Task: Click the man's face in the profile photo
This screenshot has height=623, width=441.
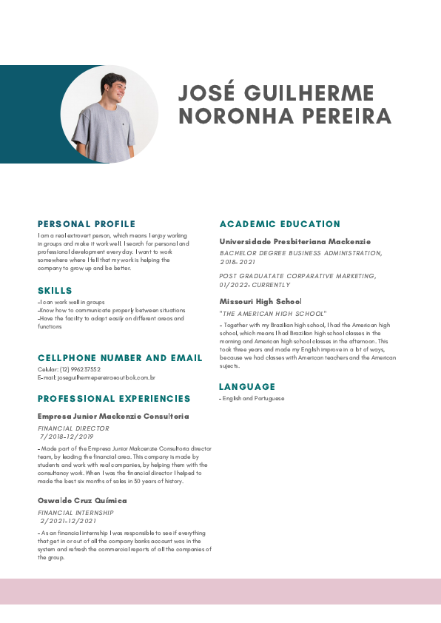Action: pyautogui.click(x=113, y=88)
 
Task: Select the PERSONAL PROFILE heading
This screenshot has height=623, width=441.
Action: pyautogui.click(x=87, y=224)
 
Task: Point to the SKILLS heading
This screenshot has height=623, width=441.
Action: pyautogui.click(x=55, y=291)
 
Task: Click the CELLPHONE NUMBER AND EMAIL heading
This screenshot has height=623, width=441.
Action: pyautogui.click(x=120, y=358)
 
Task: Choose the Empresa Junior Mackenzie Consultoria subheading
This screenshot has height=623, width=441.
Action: pyautogui.click(x=113, y=417)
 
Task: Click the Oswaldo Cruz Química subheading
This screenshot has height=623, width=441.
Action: pyautogui.click(x=82, y=501)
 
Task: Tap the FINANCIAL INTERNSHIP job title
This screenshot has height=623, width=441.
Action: pyautogui.click(x=75, y=513)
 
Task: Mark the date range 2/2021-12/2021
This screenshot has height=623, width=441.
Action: pyautogui.click(x=69, y=521)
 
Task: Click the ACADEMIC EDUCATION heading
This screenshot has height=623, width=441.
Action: pyautogui.click(x=280, y=224)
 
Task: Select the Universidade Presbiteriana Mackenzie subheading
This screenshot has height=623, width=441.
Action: pyautogui.click(x=295, y=242)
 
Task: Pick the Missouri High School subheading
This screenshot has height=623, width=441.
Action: pyautogui.click(x=260, y=302)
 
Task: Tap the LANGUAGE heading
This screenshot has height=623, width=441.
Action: pyautogui.click(x=247, y=387)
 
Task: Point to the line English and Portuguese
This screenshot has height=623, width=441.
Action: pyautogui.click(x=253, y=399)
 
